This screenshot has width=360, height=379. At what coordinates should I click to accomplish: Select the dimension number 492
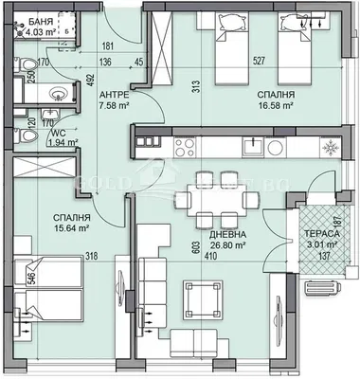coord(93,80)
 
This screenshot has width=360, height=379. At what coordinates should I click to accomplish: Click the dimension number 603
coord(196,245)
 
